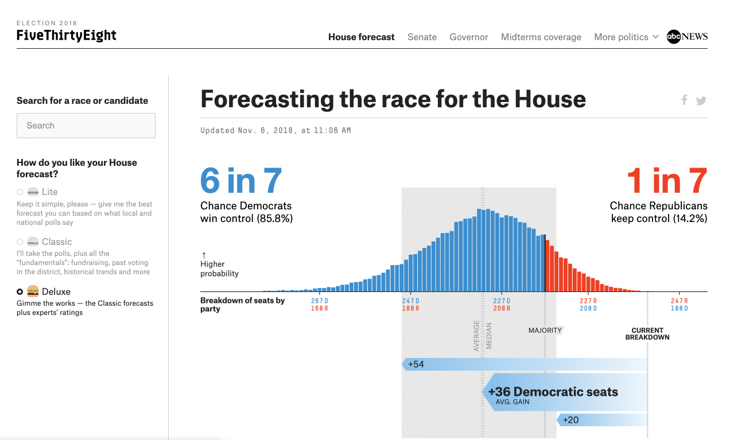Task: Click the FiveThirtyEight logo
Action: (x=67, y=36)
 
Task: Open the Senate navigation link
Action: (x=422, y=37)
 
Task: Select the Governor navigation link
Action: (x=469, y=37)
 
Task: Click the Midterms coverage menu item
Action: (x=541, y=37)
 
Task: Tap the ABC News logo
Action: (x=687, y=37)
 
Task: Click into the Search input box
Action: (x=86, y=126)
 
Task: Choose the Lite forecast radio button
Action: (x=20, y=192)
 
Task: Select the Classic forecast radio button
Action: (x=20, y=242)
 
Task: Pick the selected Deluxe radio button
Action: (x=20, y=292)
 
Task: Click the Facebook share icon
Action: (x=684, y=100)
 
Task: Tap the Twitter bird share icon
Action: (x=701, y=101)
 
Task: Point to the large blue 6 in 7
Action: (x=241, y=180)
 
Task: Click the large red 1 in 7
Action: (x=666, y=180)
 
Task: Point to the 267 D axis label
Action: (x=320, y=301)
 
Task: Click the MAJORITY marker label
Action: (x=545, y=330)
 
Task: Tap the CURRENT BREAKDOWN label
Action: (x=647, y=334)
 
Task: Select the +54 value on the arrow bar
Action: (x=416, y=364)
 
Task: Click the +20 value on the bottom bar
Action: (x=571, y=420)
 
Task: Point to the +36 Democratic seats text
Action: (x=553, y=392)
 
